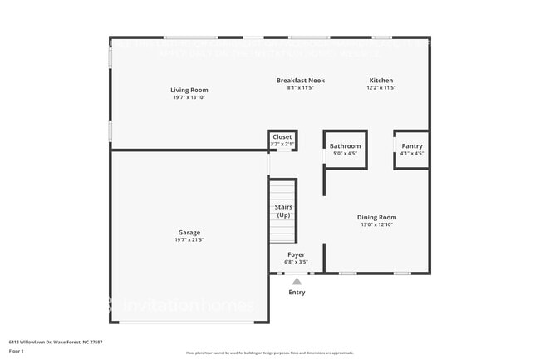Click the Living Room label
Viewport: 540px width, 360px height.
click(x=189, y=90)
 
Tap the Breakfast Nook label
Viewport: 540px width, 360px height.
click(x=300, y=81)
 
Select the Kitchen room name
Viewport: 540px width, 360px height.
click(x=380, y=81)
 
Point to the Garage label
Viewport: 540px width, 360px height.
click(x=189, y=232)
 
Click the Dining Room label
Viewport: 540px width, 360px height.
click(x=376, y=217)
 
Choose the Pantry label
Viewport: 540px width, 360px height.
click(x=412, y=145)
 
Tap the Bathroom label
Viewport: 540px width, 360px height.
click(x=345, y=145)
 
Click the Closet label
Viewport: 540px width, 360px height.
click(x=282, y=136)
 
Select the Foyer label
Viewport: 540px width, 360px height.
click(x=296, y=254)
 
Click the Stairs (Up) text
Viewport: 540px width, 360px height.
click(x=283, y=211)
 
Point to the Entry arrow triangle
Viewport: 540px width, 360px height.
click(x=297, y=281)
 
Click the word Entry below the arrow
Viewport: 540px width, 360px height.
click(x=297, y=293)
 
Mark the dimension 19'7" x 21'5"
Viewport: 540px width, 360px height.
click(x=189, y=240)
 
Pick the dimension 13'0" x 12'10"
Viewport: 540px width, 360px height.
click(x=376, y=224)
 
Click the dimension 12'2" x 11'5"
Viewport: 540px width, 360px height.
click(x=380, y=88)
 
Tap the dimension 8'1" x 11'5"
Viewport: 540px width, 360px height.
click(x=300, y=88)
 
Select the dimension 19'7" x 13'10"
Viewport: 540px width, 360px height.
click(x=189, y=97)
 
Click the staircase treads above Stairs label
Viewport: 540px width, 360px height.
click(x=283, y=190)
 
